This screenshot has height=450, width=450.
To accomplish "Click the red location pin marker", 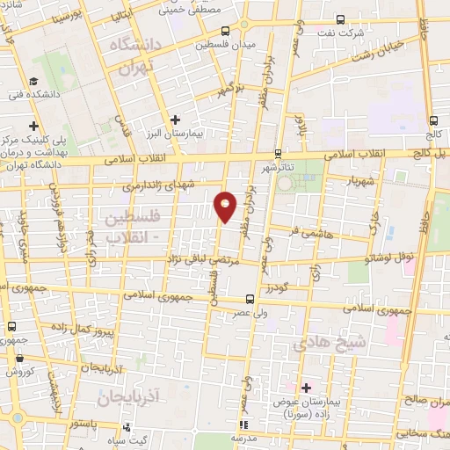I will click(226, 206).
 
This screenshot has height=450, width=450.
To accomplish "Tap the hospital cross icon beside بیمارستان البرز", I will click(175, 120).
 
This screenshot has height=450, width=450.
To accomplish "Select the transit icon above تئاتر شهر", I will click(278, 152).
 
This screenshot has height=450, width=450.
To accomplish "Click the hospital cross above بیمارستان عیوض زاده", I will click(307, 388).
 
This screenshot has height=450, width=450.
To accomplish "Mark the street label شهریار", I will click(362, 180).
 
